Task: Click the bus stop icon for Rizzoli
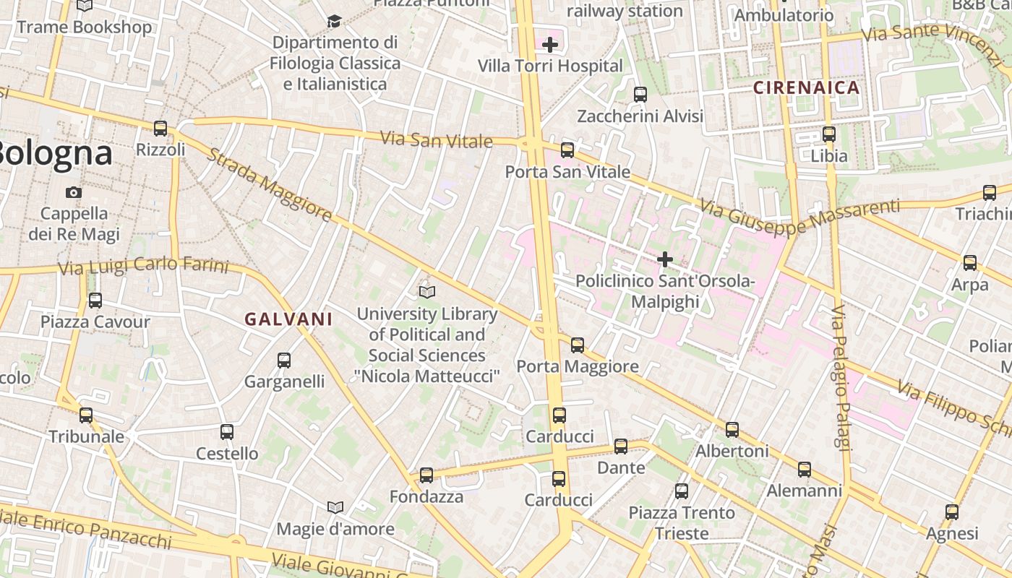point(160,129)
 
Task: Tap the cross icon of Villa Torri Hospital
point(550,45)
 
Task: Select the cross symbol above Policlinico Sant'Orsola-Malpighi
point(665,259)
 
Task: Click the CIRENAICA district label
point(807,88)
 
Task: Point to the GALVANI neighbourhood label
point(288,319)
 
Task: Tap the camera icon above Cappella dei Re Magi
point(74,192)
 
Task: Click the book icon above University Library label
point(427,292)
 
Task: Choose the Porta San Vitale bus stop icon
point(567,150)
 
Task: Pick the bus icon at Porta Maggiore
point(578,345)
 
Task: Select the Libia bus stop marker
point(829,134)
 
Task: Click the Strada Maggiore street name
point(269,185)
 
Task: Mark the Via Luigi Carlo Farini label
point(143,266)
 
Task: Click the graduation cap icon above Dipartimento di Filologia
point(334,21)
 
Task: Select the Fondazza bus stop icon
point(426,475)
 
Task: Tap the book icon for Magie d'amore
point(335,507)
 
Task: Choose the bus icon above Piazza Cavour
point(95,301)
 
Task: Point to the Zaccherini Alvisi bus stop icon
point(640,95)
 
